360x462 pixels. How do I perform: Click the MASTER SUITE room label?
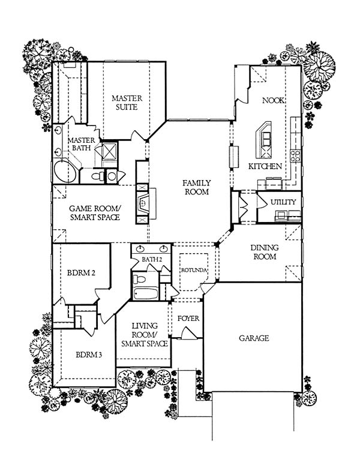127,102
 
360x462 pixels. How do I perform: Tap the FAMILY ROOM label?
196,187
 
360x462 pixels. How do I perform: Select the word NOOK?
274,100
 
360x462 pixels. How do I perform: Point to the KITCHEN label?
265,166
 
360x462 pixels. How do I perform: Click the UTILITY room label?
283,202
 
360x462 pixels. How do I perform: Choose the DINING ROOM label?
265,252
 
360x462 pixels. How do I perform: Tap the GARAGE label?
254,338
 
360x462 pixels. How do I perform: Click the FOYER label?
188,319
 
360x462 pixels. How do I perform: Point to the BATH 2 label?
152,260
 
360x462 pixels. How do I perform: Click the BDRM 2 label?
81,273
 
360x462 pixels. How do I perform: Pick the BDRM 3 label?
89,355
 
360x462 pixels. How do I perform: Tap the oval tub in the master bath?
65,172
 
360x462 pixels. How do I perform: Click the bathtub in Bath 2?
146,293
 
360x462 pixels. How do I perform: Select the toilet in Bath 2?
139,279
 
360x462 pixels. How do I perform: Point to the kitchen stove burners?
295,156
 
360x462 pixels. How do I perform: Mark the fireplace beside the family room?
143,203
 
